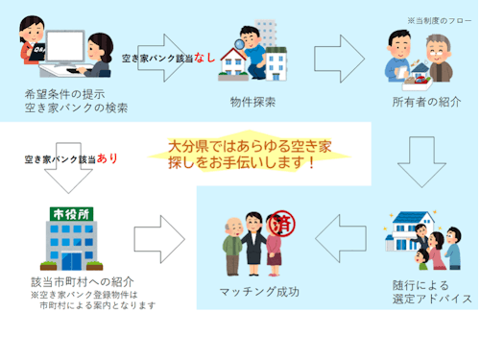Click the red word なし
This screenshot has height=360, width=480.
204,58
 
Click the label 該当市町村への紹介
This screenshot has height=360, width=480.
75,283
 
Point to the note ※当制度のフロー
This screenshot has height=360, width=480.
441,19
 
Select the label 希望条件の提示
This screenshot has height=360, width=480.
64,94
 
